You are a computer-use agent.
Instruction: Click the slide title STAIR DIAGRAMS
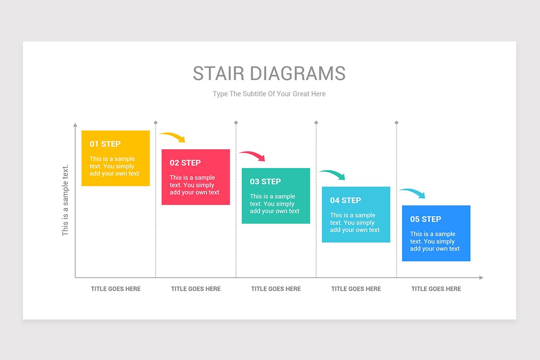pos(269,73)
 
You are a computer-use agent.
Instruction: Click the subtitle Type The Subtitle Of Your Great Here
pos(269,94)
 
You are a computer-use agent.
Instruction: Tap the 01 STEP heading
pos(105,144)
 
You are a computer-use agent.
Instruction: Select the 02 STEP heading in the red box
pos(185,163)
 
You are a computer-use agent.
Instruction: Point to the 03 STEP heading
pos(265,182)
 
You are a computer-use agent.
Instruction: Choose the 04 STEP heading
pos(345,200)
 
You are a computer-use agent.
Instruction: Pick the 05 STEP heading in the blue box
pos(425,219)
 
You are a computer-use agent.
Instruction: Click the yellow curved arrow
pos(173,136)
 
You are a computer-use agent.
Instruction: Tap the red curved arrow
pos(253,155)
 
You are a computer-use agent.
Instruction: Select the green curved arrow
pos(333,174)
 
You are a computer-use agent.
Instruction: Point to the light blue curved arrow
pos(414,193)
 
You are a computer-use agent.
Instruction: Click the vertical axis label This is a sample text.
pos(65,200)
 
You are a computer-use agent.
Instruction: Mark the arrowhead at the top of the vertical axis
pos(75,125)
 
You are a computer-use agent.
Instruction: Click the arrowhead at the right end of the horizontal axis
pos(481,278)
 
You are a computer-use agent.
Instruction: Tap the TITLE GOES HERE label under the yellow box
pos(116,289)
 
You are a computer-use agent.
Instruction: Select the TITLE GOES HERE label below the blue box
pos(436,289)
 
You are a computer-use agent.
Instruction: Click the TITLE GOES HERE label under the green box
pos(276,289)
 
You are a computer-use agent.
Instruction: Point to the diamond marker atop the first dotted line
pos(156,122)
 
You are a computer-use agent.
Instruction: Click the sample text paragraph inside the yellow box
pos(114,166)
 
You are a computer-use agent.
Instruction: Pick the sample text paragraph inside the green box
pos(274,204)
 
